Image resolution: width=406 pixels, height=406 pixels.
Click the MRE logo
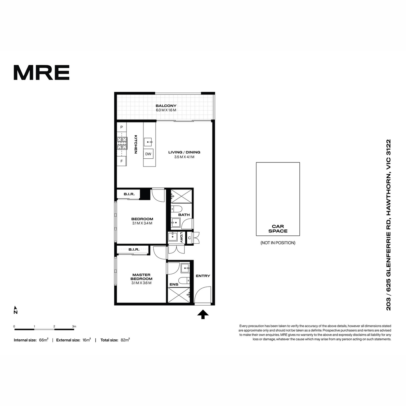(x=42, y=72)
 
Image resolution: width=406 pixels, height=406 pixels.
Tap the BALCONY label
(x=166, y=106)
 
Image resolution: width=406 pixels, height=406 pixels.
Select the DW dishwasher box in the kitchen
(x=148, y=154)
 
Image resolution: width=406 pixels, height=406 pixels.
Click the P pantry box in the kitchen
(x=121, y=127)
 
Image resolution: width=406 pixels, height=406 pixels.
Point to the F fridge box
(x=121, y=161)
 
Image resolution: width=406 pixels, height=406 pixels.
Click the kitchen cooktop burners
(x=122, y=143)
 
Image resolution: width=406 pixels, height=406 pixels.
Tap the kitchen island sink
(x=148, y=142)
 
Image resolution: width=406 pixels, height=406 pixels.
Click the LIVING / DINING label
(x=184, y=152)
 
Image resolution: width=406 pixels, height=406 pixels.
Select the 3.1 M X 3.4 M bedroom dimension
(x=142, y=223)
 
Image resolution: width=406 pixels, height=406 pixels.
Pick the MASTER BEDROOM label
(x=141, y=277)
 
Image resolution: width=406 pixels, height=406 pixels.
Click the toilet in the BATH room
(x=176, y=209)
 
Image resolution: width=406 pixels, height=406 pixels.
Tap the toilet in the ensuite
(x=184, y=280)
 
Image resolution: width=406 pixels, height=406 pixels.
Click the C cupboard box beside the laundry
(x=189, y=238)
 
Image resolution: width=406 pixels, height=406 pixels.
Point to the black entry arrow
(x=203, y=314)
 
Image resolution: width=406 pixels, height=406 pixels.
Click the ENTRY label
(x=203, y=276)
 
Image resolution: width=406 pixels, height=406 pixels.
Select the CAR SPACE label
(x=278, y=229)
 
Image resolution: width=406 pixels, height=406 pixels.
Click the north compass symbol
(x=15, y=310)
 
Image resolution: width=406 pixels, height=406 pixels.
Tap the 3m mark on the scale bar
(x=74, y=326)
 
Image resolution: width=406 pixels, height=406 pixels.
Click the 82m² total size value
(x=125, y=340)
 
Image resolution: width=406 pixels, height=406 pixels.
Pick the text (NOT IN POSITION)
(x=278, y=243)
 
